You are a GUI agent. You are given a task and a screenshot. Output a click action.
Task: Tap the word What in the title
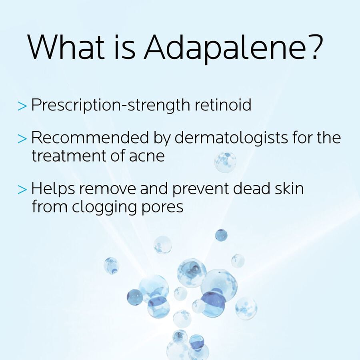tap(66, 47)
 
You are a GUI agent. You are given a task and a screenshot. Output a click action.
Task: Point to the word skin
tap(289, 188)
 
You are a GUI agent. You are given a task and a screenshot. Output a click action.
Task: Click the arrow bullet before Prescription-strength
tap(22, 106)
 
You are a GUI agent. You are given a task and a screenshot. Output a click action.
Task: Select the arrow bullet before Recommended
tap(22, 138)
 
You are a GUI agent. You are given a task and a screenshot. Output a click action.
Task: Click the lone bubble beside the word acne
tap(225, 162)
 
